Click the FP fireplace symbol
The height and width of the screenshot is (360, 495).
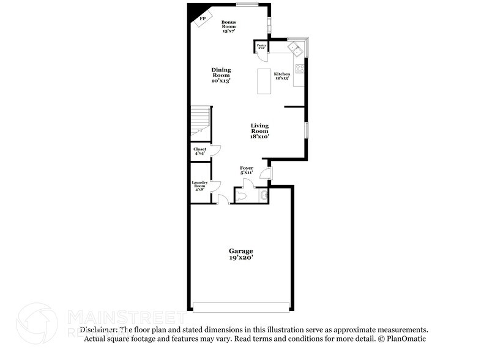(202, 18)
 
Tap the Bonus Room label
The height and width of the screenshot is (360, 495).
(229, 26)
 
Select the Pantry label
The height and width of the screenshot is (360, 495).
(261, 46)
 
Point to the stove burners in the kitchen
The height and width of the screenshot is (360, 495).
(300, 69)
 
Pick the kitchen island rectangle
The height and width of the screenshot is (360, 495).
(265, 81)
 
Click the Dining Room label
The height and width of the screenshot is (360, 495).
(221, 75)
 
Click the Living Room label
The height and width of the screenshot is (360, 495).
(260, 131)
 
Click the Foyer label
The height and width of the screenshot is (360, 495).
(247, 170)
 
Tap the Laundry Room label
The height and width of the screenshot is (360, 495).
(199, 186)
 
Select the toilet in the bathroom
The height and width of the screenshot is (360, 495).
(244, 195)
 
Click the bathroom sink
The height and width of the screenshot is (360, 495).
(263, 196)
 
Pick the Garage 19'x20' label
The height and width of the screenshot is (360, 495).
(241, 255)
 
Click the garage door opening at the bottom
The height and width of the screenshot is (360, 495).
(241, 306)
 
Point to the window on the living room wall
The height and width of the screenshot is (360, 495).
(307, 130)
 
